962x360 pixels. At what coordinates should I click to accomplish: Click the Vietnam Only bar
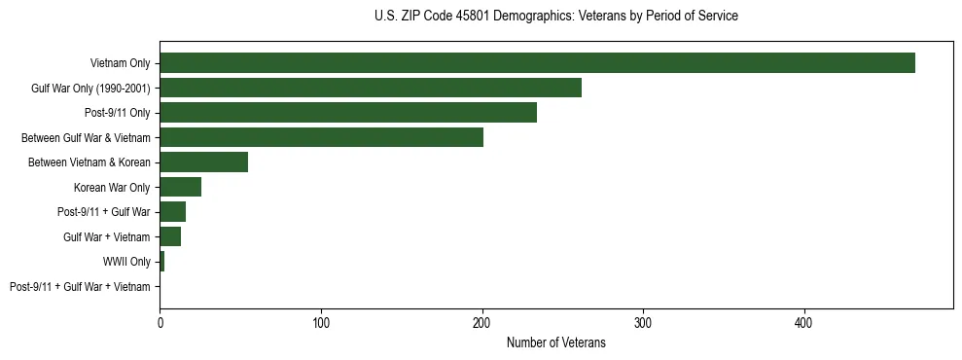(x=537, y=63)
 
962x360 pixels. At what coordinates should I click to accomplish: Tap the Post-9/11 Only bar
(x=348, y=113)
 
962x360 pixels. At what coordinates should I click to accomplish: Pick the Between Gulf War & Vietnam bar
(x=321, y=137)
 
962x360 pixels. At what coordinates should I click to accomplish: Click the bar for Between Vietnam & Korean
(x=203, y=162)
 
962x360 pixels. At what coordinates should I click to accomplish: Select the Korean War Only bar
(x=180, y=187)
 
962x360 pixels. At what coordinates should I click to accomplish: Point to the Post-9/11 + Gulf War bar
(x=172, y=212)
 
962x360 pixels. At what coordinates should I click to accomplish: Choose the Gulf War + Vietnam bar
(x=170, y=236)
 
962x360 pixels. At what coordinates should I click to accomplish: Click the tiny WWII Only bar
(x=161, y=262)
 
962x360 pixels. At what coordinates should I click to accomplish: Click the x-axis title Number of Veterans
(x=555, y=343)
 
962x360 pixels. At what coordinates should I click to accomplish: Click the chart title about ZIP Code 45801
(x=555, y=17)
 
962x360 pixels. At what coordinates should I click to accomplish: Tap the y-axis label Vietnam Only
(x=120, y=63)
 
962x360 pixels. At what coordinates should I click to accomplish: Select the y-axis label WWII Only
(x=126, y=262)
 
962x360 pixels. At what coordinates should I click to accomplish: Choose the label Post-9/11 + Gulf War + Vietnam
(x=80, y=287)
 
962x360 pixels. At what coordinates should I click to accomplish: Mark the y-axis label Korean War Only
(x=112, y=187)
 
